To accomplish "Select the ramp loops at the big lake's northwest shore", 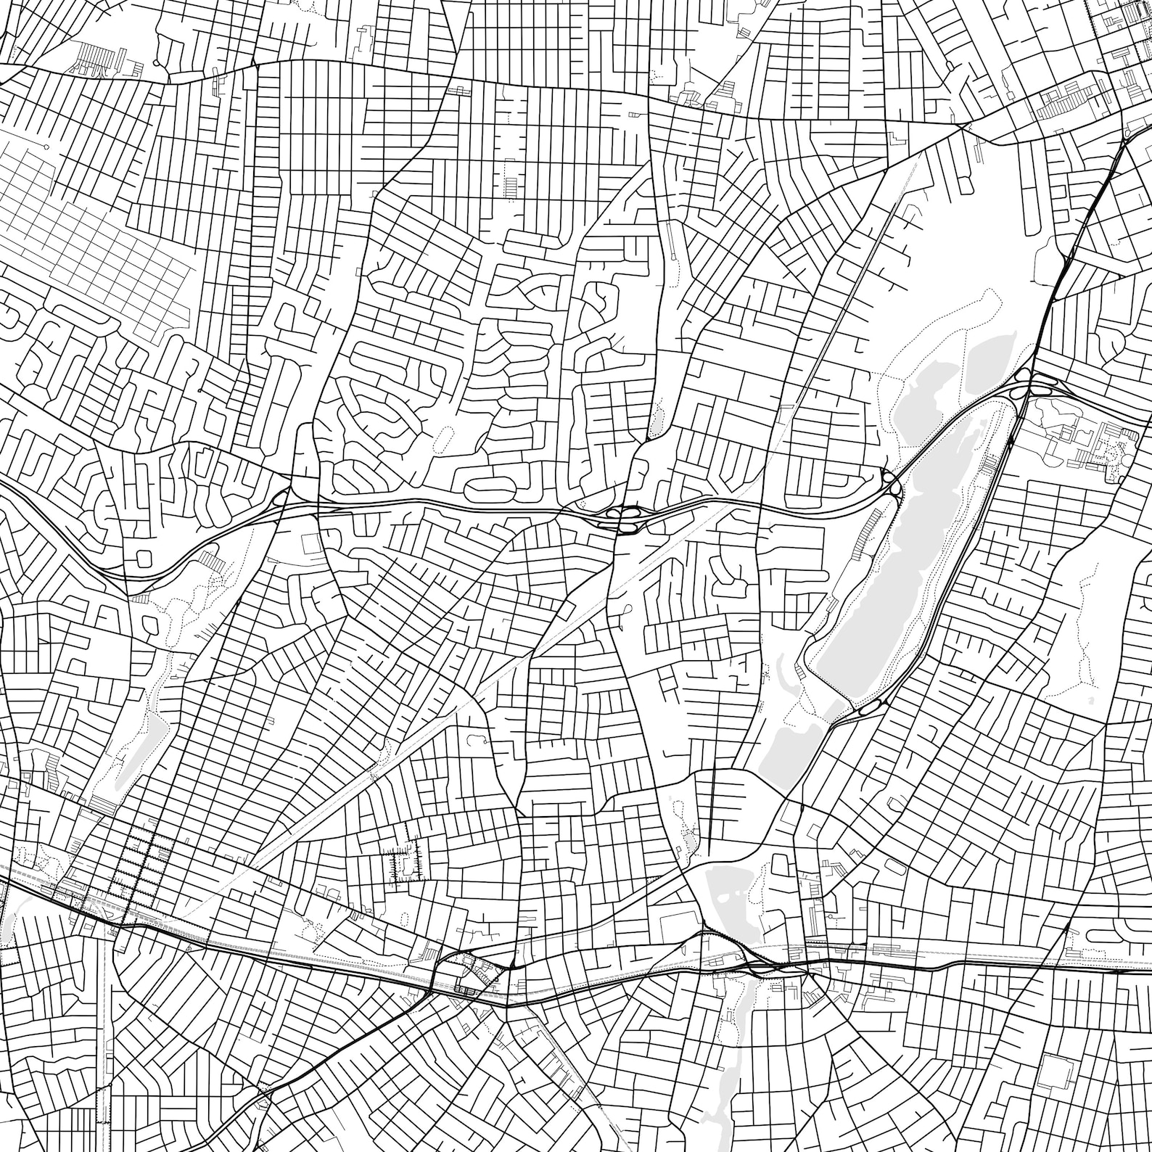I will [892, 482].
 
